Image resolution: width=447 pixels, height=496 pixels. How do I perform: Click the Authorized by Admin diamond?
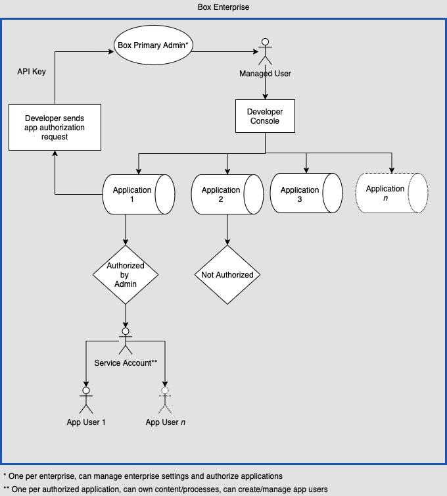point(125,275)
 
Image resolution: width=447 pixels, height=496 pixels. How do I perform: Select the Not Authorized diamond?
point(227,275)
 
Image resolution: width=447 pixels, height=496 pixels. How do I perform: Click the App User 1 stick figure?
point(85,400)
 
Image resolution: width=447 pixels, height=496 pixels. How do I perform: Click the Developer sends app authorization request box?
point(55,128)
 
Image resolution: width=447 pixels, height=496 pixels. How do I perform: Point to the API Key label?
point(31,71)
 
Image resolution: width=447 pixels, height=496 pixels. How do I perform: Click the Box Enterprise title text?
point(223,7)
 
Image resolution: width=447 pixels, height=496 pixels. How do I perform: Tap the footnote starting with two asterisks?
point(165,489)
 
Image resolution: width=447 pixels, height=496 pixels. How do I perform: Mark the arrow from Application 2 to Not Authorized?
point(227,230)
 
